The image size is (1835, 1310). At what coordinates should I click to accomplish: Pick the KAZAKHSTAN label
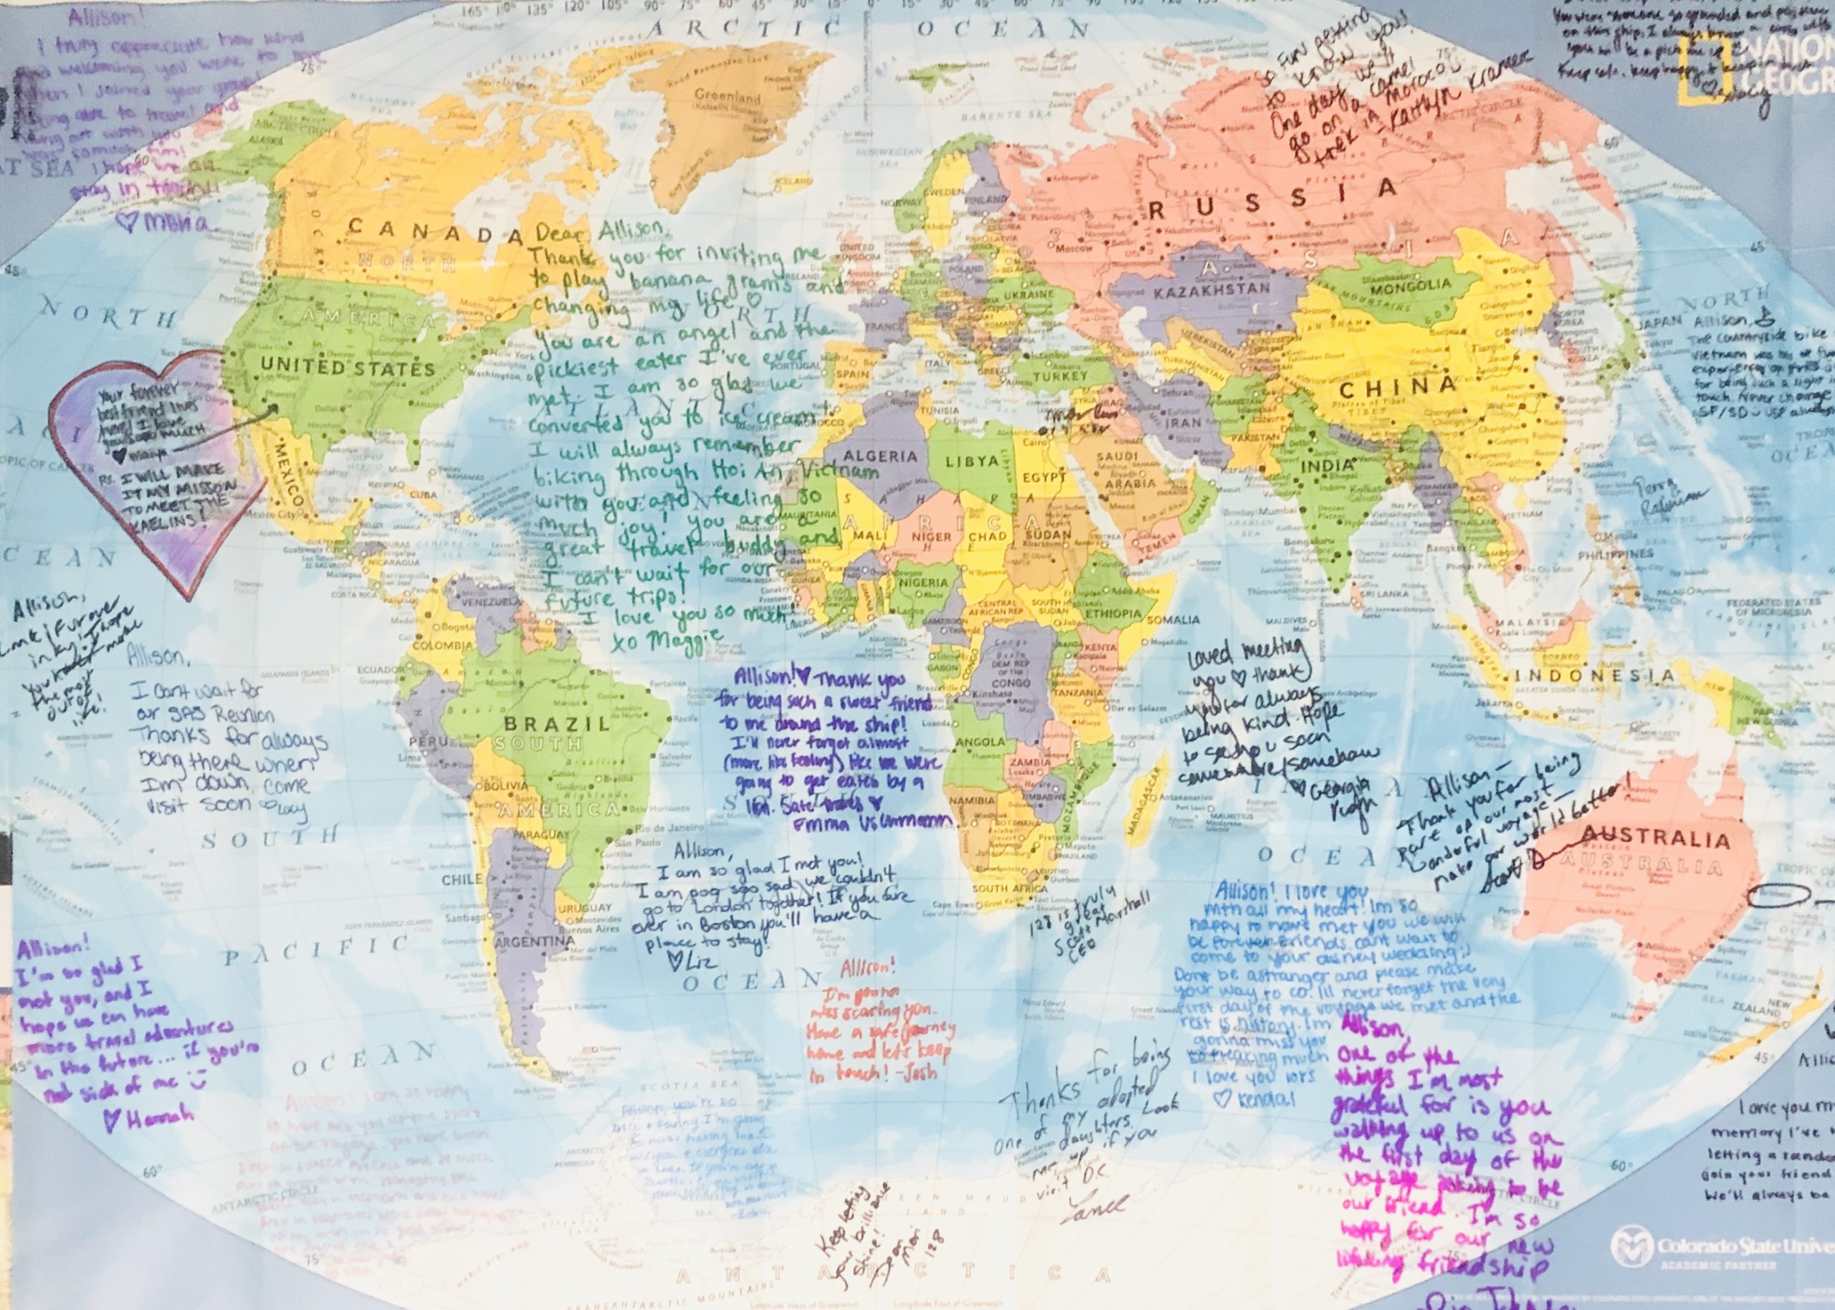[x=1212, y=289]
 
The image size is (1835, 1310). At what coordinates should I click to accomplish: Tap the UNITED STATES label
[x=348, y=368]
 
